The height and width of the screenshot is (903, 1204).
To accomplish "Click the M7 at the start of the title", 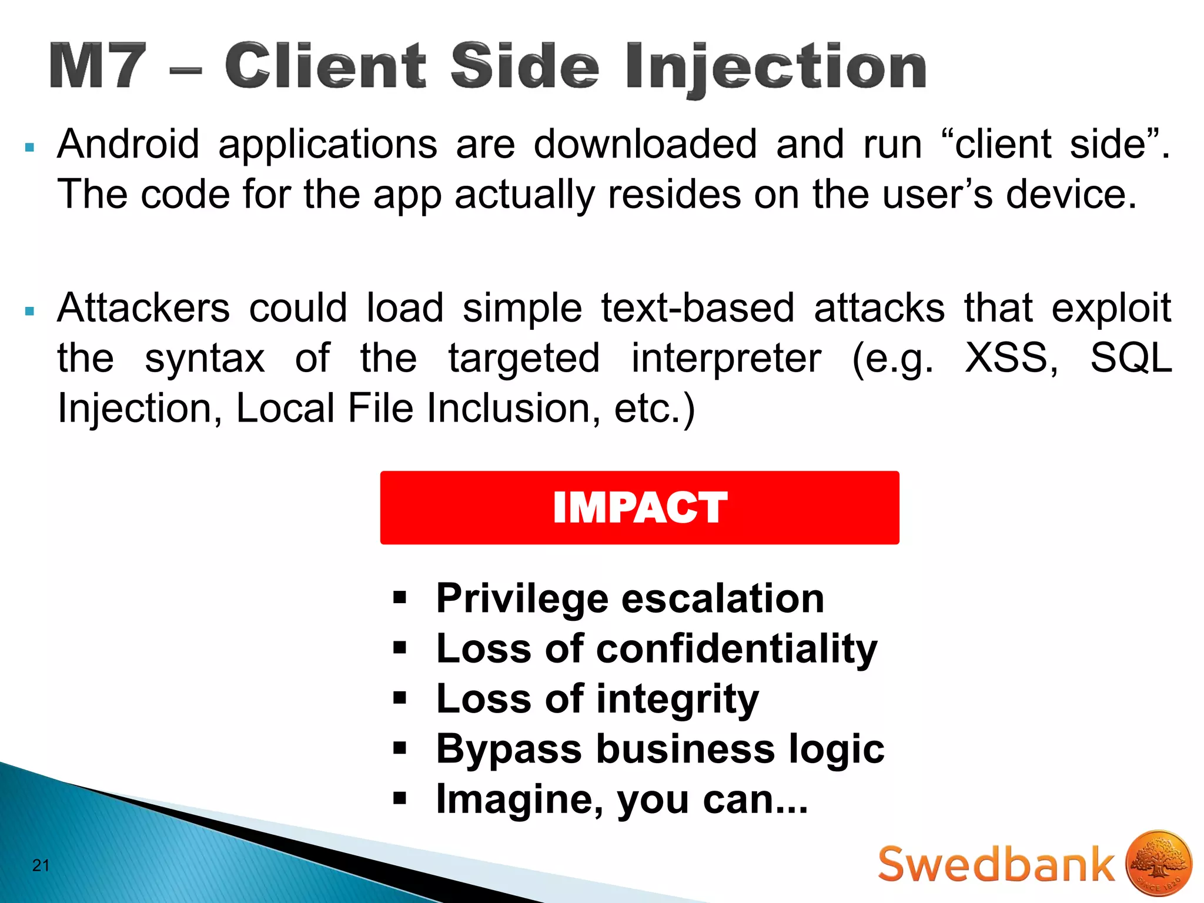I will point(98,66).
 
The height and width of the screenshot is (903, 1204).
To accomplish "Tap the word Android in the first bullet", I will point(128,144).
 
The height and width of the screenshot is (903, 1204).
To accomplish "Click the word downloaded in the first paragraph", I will point(645,144).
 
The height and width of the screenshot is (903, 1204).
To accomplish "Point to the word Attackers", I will point(143,308).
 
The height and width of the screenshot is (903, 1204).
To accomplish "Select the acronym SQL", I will point(1131,358).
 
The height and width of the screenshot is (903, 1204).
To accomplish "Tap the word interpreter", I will point(726,358).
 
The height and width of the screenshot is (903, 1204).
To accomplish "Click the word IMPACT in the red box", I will point(640,507).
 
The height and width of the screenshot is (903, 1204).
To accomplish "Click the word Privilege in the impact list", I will point(521,599).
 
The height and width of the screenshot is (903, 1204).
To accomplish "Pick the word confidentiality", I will point(737,649).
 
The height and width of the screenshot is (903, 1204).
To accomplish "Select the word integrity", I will point(677,700).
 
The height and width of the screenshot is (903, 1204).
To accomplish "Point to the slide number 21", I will point(41,865).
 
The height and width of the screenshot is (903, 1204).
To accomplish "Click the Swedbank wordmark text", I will point(996,864).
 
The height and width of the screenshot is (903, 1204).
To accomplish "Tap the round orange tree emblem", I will point(1158,864).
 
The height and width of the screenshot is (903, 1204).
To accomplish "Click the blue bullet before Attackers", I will point(30,311).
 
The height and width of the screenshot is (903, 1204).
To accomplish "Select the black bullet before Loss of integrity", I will point(400,698).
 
